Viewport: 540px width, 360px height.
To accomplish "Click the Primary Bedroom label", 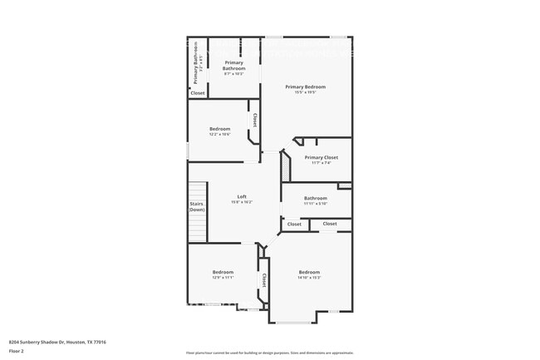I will pos(305,86).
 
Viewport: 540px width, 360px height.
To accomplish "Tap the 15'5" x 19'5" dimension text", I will pos(305,92).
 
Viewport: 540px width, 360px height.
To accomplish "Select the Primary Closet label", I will pos(321,157).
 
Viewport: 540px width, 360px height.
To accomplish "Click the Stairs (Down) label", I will pos(197,206).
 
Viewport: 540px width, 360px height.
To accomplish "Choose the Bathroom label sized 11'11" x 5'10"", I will pos(315,198).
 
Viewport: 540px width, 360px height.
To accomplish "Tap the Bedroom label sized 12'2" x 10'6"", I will pos(219,129).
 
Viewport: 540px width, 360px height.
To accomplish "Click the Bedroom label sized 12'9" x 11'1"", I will pos(223,272).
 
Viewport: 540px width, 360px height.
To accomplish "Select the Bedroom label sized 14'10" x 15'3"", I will pos(309,272).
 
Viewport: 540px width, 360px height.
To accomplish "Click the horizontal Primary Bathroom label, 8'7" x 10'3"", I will pos(233,65).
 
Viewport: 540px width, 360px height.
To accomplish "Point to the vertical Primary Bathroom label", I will pos(196,63).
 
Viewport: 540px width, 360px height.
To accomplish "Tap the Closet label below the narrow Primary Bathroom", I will pos(198,93).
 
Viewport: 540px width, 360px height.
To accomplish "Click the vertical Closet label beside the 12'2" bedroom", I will pos(255,121).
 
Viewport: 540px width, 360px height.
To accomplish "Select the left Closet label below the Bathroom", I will pos(294,224).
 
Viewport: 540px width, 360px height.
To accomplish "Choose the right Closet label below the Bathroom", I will pos(330,224).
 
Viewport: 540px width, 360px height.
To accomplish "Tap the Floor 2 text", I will pos(17,351).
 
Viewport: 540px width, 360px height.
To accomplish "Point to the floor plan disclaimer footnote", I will pos(269,353).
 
